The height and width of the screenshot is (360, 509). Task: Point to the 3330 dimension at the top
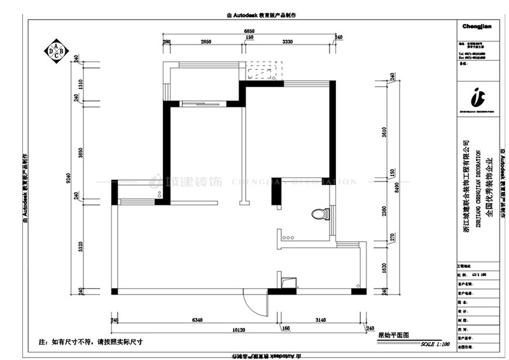pos(287,41)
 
